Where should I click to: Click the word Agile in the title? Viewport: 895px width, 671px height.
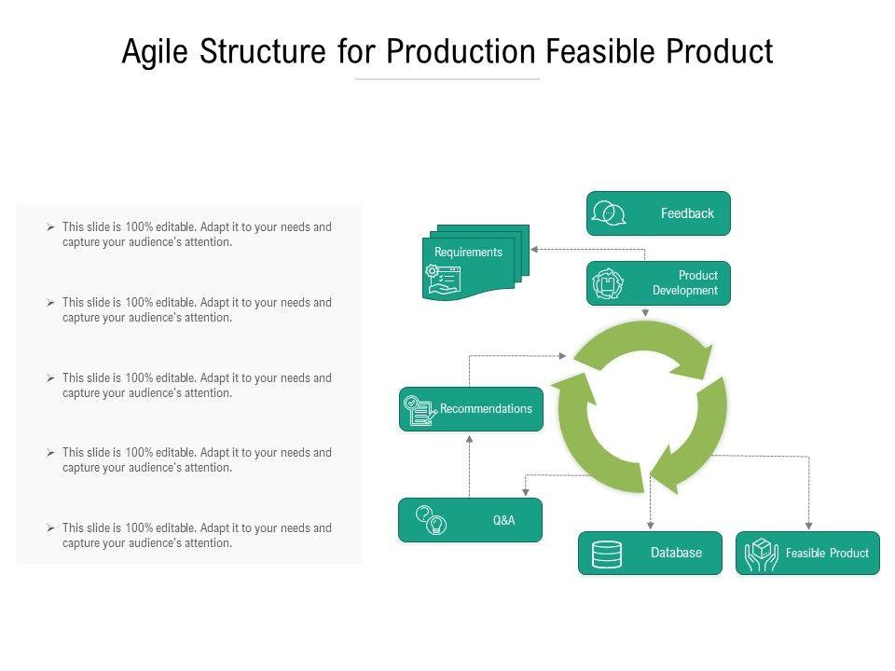pos(155,52)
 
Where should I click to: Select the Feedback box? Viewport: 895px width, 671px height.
pos(658,213)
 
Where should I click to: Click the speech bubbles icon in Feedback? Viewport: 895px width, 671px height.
pos(609,213)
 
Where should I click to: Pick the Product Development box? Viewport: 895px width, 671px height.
pos(658,283)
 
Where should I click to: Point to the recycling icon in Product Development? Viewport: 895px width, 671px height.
pos(607,283)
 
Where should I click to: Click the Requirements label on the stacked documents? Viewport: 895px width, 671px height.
pos(468,253)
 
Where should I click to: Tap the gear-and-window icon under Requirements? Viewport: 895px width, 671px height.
pos(443,279)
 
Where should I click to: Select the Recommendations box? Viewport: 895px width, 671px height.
pos(471,409)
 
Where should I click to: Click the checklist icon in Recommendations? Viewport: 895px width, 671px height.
pos(420,410)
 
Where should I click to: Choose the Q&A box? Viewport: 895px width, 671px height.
pos(470,520)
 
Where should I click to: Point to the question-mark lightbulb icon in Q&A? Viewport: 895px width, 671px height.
pos(431,520)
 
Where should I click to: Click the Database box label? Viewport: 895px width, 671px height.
pos(677,553)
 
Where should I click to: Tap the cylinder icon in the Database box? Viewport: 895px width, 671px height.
pos(607,554)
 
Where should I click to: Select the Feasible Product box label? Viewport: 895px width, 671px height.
pos(827,553)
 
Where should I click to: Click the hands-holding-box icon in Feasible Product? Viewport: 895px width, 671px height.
pos(762,554)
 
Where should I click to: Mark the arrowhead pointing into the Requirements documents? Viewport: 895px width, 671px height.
pos(534,250)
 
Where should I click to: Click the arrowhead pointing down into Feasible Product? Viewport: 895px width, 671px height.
pos(809,526)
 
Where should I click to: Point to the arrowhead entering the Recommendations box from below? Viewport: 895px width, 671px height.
pos(469,439)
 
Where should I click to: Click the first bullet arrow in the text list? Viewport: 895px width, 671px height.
pos(50,227)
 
